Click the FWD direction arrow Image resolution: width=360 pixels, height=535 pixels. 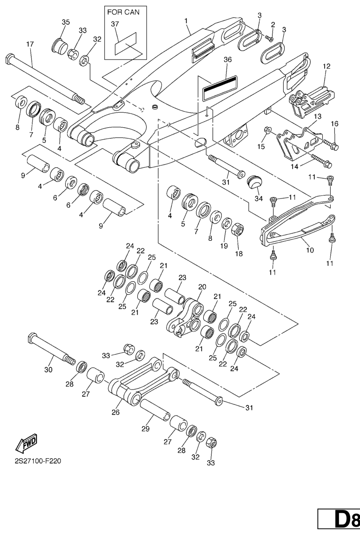(x=27, y=443)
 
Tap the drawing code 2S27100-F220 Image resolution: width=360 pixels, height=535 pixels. (x=38, y=461)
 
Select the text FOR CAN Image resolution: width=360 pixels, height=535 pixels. (x=123, y=12)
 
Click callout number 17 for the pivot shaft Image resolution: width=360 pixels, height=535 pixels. (x=30, y=44)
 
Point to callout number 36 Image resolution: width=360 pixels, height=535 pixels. (x=227, y=59)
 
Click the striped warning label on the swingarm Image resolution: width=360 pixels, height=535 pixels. (x=220, y=88)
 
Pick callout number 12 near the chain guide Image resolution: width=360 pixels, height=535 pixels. (x=327, y=66)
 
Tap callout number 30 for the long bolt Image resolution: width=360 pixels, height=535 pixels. (x=48, y=369)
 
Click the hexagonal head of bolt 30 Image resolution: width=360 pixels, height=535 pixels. (x=32, y=338)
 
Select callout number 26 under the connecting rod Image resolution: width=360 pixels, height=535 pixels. (x=115, y=412)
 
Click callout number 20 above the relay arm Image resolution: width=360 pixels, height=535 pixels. (x=202, y=287)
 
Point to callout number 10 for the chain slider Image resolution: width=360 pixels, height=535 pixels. (x=309, y=250)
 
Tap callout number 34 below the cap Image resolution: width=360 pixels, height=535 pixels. (x=259, y=198)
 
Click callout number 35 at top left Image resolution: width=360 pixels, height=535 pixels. (x=66, y=22)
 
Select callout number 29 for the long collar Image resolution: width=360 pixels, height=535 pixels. (x=146, y=429)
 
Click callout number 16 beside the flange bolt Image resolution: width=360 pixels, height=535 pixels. (x=334, y=124)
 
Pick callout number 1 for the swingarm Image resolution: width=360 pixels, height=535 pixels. (x=186, y=21)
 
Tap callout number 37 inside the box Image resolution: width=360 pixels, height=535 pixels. (x=115, y=24)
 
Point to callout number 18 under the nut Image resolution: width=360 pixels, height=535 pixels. (x=239, y=253)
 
